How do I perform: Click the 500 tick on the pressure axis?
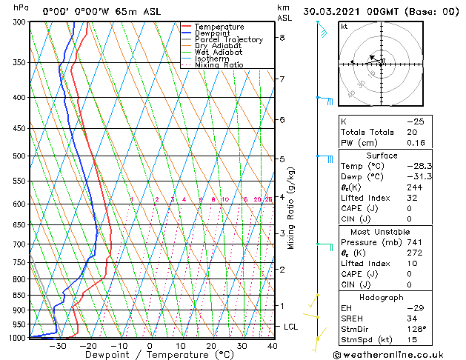19,156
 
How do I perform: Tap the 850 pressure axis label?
19,296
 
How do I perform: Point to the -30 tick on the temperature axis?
57,346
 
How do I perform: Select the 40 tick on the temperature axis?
273,346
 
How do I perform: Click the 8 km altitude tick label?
282,38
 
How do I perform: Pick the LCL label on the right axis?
292,327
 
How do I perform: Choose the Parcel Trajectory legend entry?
228,40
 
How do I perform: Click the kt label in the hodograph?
344,26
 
